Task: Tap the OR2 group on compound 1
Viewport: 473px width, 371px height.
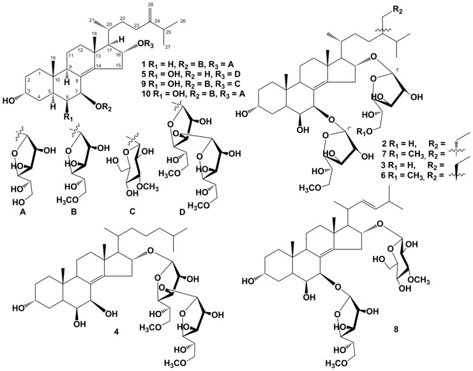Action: click(x=103, y=107)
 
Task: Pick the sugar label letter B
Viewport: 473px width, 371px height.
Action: click(x=73, y=213)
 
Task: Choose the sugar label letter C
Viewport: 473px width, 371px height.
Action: click(x=132, y=213)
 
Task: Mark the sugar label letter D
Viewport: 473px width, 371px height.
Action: click(x=182, y=213)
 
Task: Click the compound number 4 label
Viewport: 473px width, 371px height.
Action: click(x=116, y=332)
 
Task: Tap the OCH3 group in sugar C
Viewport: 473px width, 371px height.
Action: click(x=147, y=188)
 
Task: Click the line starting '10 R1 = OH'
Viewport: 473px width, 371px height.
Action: click(x=193, y=94)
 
